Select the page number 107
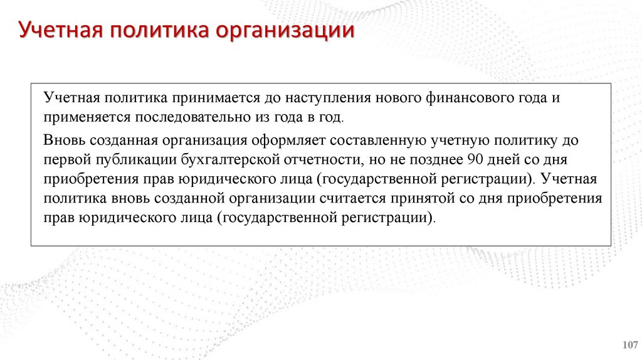[629, 344]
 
